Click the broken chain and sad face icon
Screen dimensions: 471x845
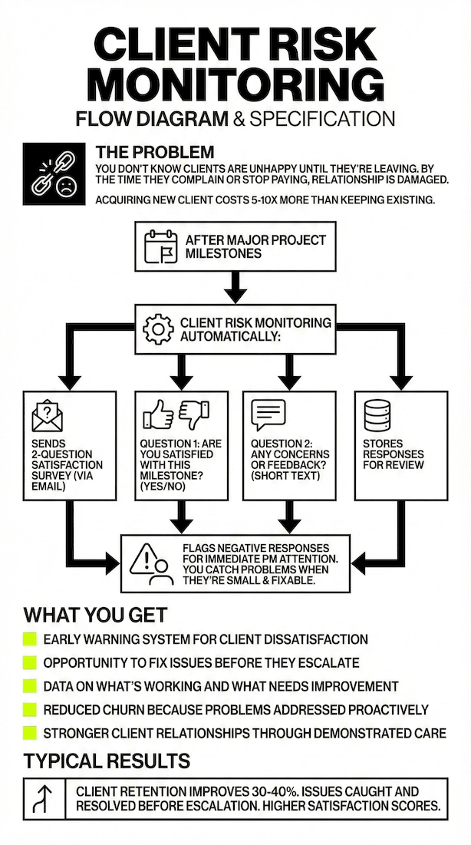[x=54, y=173]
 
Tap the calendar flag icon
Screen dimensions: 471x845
[x=160, y=246]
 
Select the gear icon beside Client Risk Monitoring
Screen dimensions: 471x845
[x=159, y=329]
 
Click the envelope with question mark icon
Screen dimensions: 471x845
[x=47, y=415]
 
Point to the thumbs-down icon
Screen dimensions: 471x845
[x=193, y=414]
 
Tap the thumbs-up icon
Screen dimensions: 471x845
[x=158, y=416]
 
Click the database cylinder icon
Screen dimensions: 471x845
[x=377, y=415]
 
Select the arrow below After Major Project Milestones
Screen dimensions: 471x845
[x=235, y=287]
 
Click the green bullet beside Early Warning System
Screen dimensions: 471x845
[x=30, y=639]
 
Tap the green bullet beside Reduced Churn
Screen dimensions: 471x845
[x=30, y=709]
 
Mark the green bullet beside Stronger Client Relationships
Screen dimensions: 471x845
[x=30, y=733]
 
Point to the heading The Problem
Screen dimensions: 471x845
[x=155, y=152]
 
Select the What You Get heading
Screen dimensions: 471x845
[x=95, y=615]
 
